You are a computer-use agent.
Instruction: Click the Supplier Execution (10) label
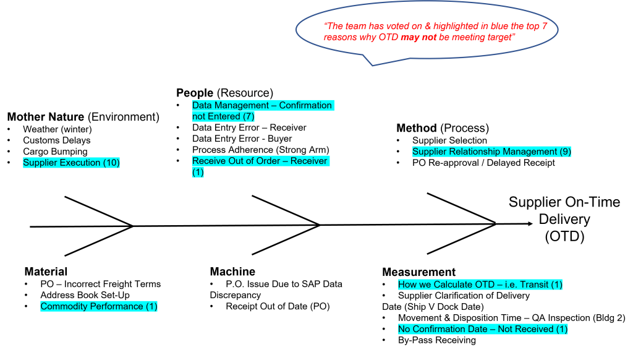71,163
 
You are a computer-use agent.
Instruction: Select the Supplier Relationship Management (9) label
491,152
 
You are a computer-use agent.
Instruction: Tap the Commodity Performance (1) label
99,306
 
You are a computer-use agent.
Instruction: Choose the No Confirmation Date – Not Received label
482,329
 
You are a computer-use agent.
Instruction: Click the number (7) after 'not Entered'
247,116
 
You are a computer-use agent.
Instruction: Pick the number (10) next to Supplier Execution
111,163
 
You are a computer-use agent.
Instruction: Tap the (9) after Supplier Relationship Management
565,152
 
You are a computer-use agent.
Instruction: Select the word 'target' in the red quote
501,37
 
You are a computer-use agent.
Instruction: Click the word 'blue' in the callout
500,27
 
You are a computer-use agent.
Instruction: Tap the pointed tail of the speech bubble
373,64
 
